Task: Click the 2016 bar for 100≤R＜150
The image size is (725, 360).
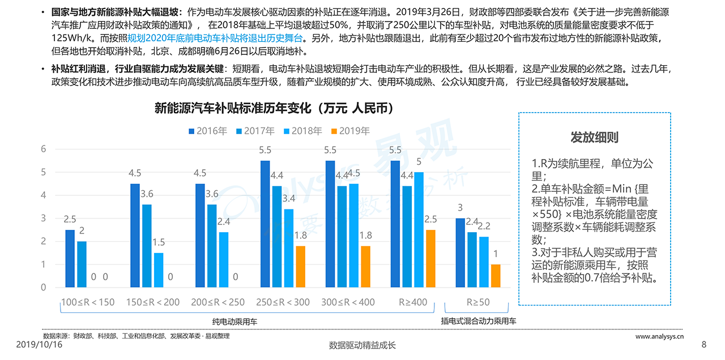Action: (x=70, y=258)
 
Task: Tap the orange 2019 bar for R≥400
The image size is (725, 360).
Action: (x=430, y=258)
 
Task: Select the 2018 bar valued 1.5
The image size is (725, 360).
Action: (x=159, y=270)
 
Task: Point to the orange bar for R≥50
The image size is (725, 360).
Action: (x=496, y=276)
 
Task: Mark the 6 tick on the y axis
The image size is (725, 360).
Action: (x=42, y=149)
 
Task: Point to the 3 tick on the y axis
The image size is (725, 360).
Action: (x=42, y=218)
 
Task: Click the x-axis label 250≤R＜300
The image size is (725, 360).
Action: (x=283, y=302)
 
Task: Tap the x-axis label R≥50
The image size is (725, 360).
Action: (x=478, y=302)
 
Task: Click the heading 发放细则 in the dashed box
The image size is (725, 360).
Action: (x=594, y=138)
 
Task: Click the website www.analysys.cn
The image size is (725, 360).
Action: (x=659, y=336)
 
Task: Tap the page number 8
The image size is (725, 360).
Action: (x=704, y=345)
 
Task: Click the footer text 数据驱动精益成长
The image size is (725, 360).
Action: (x=362, y=345)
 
